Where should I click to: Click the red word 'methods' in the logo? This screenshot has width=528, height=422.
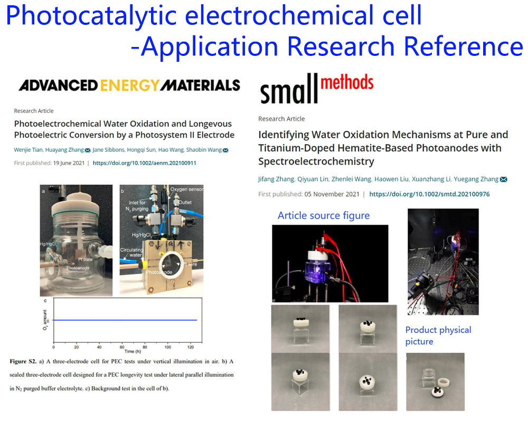click(346, 83)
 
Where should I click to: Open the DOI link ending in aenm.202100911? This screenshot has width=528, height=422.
click(144, 163)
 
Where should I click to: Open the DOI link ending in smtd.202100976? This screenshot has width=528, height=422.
click(429, 194)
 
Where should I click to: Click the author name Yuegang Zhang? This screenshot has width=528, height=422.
click(477, 179)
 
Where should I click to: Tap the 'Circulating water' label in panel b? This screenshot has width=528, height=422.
click(132, 254)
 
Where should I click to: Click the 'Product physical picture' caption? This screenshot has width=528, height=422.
click(438, 335)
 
